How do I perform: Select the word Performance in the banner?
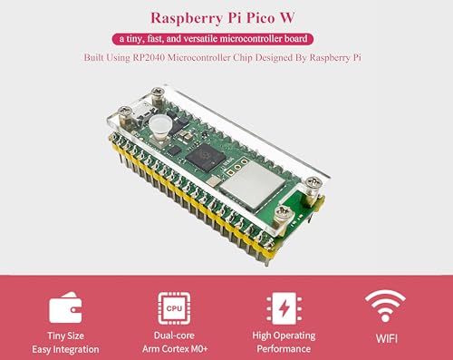pos(281,348)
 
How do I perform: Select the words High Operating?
pos(281,334)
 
